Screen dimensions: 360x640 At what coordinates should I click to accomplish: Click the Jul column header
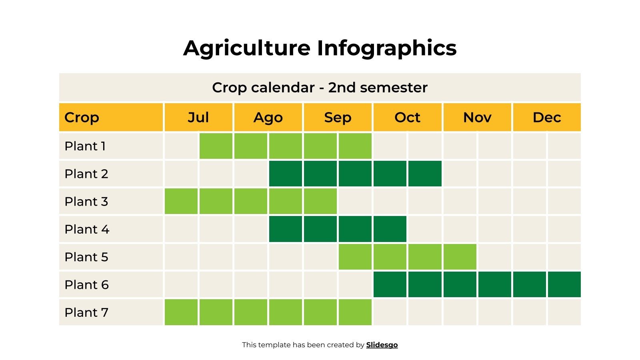[198, 117]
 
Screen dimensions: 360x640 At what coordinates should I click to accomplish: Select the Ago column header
[268, 117]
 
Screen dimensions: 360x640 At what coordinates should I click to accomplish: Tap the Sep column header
[338, 117]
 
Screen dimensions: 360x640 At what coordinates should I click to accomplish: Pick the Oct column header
[407, 117]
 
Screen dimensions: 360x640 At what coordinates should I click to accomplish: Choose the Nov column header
[477, 117]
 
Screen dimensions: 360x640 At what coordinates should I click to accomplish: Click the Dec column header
[546, 117]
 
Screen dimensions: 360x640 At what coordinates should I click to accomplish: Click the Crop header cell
[82, 117]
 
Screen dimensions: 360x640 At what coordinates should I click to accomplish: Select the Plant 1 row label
[85, 146]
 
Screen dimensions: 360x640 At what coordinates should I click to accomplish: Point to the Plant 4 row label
[87, 229]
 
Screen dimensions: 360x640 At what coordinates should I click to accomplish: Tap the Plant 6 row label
[86, 285]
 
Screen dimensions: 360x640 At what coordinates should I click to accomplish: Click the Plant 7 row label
[86, 312]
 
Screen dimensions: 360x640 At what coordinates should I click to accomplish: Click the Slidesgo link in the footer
[382, 345]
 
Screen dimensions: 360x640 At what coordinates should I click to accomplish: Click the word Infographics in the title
[386, 48]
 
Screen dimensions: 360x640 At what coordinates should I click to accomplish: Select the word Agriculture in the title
[247, 48]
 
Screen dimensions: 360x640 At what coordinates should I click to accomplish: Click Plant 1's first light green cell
[216, 146]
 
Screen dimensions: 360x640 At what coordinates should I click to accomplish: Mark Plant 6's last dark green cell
[564, 284]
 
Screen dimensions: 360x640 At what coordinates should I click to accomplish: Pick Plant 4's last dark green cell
[390, 229]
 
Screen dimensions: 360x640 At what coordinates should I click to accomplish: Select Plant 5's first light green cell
[355, 257]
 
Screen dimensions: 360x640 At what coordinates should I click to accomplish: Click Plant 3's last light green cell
[320, 201]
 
